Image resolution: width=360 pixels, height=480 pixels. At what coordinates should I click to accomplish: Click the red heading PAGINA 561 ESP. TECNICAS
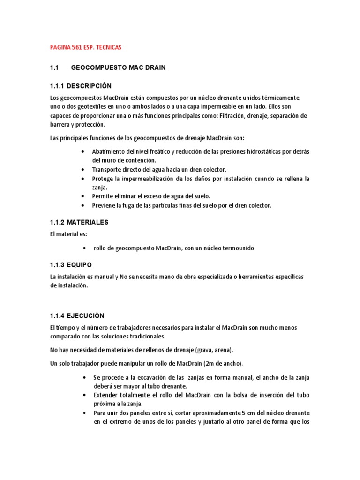tap(85, 47)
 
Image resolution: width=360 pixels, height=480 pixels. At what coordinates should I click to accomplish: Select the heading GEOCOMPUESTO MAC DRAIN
tap(118, 68)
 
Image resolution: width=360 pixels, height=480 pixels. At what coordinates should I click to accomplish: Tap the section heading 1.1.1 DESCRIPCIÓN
tap(81, 86)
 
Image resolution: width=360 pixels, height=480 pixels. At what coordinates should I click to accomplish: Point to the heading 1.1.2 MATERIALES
tap(79, 222)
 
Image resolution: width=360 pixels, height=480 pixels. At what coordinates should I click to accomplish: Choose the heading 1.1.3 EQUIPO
tap(70, 264)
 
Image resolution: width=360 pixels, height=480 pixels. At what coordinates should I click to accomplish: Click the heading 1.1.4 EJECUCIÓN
tap(77, 315)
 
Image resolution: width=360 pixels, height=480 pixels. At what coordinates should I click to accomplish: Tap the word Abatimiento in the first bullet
tap(109, 151)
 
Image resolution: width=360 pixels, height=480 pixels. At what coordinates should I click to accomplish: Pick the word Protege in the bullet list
tap(102, 179)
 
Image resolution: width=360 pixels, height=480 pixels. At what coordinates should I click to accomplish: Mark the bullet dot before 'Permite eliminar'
tap(83, 196)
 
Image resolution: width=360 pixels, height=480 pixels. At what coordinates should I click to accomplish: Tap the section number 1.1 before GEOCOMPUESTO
tap(53, 68)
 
